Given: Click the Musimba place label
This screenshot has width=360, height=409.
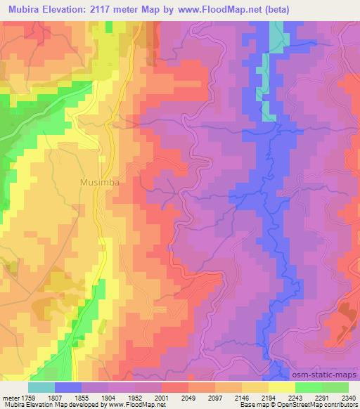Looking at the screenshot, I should tap(99, 181).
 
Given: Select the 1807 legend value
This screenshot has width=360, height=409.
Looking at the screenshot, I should tap(55, 397).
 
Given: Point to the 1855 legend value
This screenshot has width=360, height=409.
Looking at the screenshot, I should tap(82, 397).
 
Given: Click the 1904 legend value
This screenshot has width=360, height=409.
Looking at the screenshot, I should tap(108, 397).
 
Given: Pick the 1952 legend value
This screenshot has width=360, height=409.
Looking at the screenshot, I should tap(135, 397).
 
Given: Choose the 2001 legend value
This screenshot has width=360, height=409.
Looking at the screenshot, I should tap(162, 397).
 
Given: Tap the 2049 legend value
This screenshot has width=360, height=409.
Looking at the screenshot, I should tap(188, 397).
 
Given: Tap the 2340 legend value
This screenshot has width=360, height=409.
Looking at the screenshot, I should tap(348, 397).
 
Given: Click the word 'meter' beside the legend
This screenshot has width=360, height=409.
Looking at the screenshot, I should tap(9, 397).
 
